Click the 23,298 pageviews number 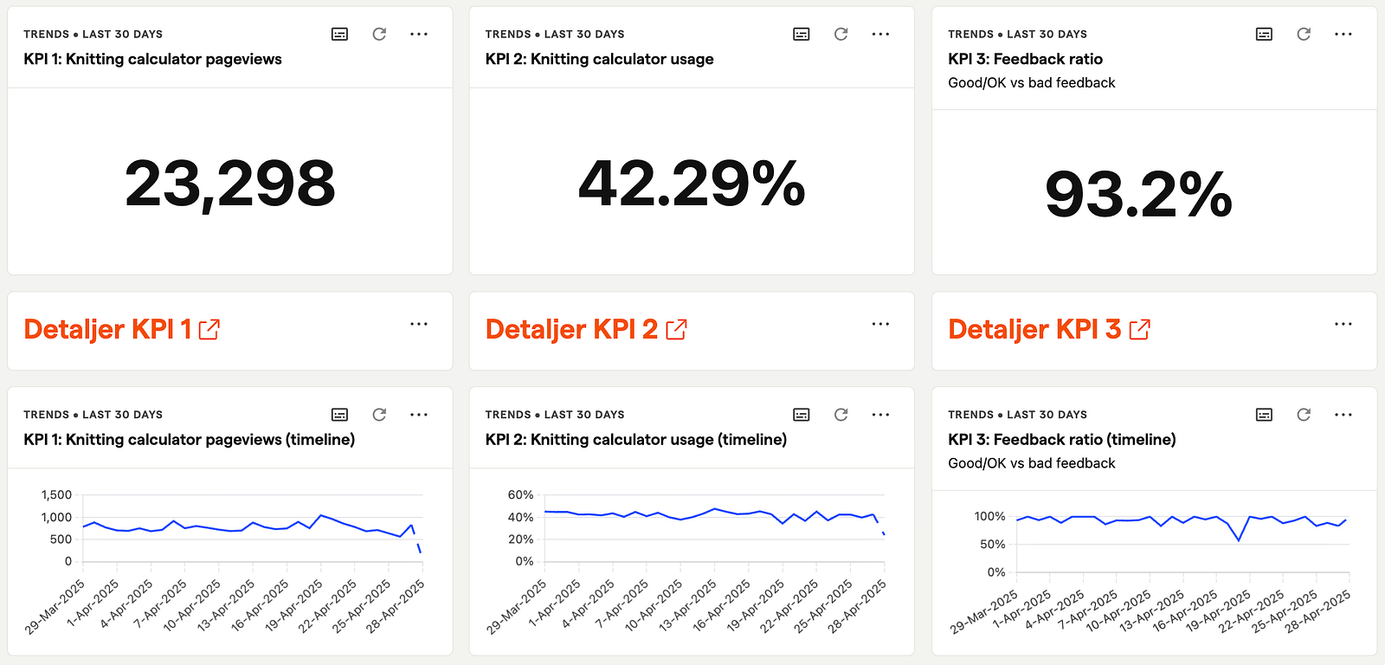tap(229, 184)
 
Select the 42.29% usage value tap(692, 184)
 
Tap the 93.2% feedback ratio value tap(1138, 195)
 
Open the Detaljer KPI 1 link tap(107, 329)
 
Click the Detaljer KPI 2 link tap(571, 329)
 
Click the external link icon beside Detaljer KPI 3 tap(1140, 330)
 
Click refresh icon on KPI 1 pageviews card tap(379, 34)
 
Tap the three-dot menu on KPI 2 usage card tap(880, 34)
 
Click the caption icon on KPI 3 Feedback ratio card tap(1264, 34)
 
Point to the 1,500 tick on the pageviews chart tap(57, 495)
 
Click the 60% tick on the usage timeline tap(520, 495)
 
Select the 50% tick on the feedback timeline tap(992, 545)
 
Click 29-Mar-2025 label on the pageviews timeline tap(55, 607)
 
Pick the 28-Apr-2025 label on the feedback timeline tap(1317, 611)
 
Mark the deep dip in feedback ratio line tap(1239, 540)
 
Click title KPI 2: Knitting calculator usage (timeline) tap(635, 440)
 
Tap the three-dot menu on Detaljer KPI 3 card tap(1343, 324)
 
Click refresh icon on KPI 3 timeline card tap(1304, 415)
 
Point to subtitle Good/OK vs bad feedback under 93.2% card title tap(1031, 83)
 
